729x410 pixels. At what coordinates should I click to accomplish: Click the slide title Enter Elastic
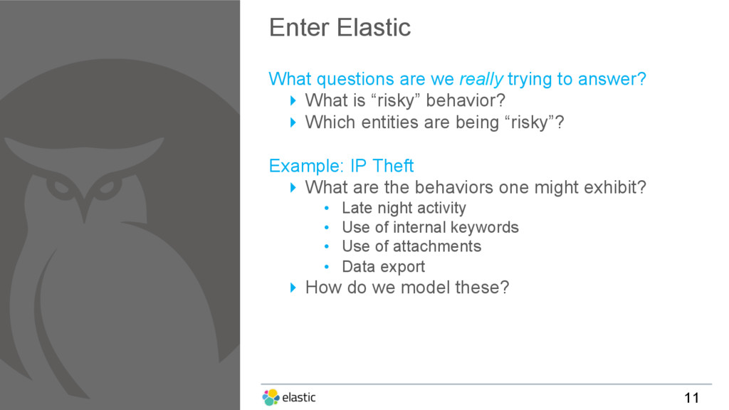click(x=340, y=28)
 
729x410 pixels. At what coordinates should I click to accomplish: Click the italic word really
click(x=481, y=80)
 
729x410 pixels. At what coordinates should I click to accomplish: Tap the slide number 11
click(x=691, y=397)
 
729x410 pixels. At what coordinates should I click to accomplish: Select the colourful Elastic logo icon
click(x=271, y=397)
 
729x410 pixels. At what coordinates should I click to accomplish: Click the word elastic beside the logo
click(x=299, y=397)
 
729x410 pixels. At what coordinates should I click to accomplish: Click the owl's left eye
click(x=60, y=187)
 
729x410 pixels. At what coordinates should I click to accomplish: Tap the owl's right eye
click(x=107, y=188)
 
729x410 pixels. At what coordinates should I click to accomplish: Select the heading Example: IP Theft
click(x=341, y=166)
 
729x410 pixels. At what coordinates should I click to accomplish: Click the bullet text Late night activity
click(x=404, y=208)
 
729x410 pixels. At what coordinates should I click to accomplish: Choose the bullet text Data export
click(x=384, y=267)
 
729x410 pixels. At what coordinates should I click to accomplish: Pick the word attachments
click(x=436, y=246)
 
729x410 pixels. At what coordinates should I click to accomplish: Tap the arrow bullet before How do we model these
click(x=293, y=288)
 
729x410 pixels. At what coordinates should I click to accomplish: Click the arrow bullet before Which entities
click(x=293, y=122)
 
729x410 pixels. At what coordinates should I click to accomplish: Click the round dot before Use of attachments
click(x=327, y=247)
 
